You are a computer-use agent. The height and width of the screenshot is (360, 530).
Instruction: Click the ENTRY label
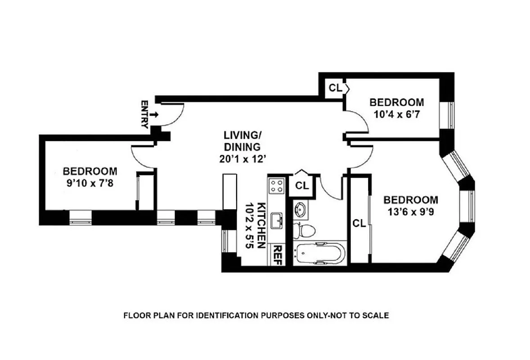[x=144, y=115]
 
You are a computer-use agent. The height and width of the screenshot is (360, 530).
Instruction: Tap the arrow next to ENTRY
[x=154, y=115]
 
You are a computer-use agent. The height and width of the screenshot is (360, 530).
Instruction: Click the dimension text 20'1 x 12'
[x=242, y=158]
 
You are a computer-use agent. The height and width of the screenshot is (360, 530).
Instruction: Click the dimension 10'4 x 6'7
[x=396, y=114]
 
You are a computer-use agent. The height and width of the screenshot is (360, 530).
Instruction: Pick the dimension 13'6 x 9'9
[x=410, y=211]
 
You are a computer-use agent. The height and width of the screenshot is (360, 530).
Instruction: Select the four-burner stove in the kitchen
[x=277, y=186]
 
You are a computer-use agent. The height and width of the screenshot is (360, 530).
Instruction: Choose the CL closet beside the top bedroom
[x=334, y=87]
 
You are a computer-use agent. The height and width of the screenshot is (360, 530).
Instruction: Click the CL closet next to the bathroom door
[x=302, y=185]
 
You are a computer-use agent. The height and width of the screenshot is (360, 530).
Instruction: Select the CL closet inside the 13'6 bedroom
[x=359, y=223]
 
